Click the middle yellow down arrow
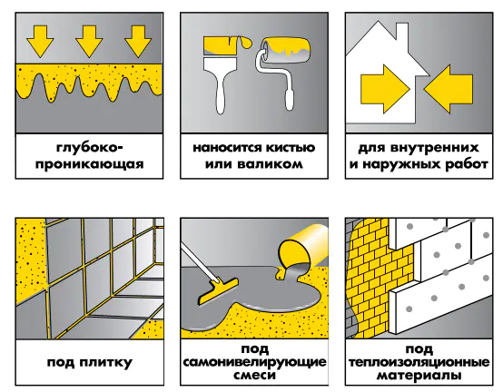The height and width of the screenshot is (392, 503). tap(89, 42)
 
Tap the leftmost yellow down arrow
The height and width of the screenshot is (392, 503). tap(40, 42)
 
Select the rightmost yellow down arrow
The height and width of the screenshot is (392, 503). tap(138, 42)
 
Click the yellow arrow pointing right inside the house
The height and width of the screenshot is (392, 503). tap(385, 89)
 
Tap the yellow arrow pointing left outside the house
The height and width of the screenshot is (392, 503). tap(449, 89)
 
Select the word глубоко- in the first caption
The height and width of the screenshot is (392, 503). tap(90, 149)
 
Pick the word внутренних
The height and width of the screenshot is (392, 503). tap(435, 148)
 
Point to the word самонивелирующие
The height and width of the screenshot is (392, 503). tap(254, 362)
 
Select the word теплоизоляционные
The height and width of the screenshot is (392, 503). tap(419, 362)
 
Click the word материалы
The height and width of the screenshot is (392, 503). tap(419, 376)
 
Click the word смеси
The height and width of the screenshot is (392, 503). tap(254, 376)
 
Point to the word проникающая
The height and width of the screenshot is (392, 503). tap(90, 165)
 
